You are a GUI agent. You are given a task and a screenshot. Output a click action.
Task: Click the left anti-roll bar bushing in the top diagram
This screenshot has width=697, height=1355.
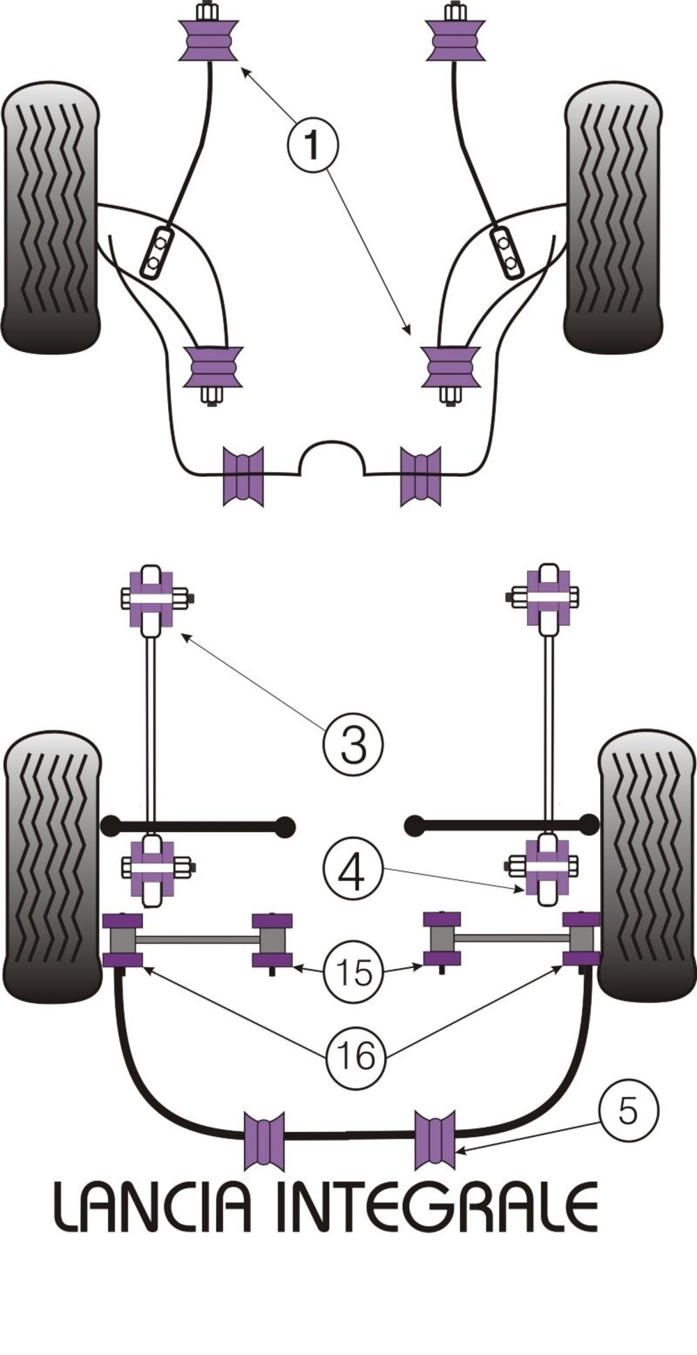(243, 476)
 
